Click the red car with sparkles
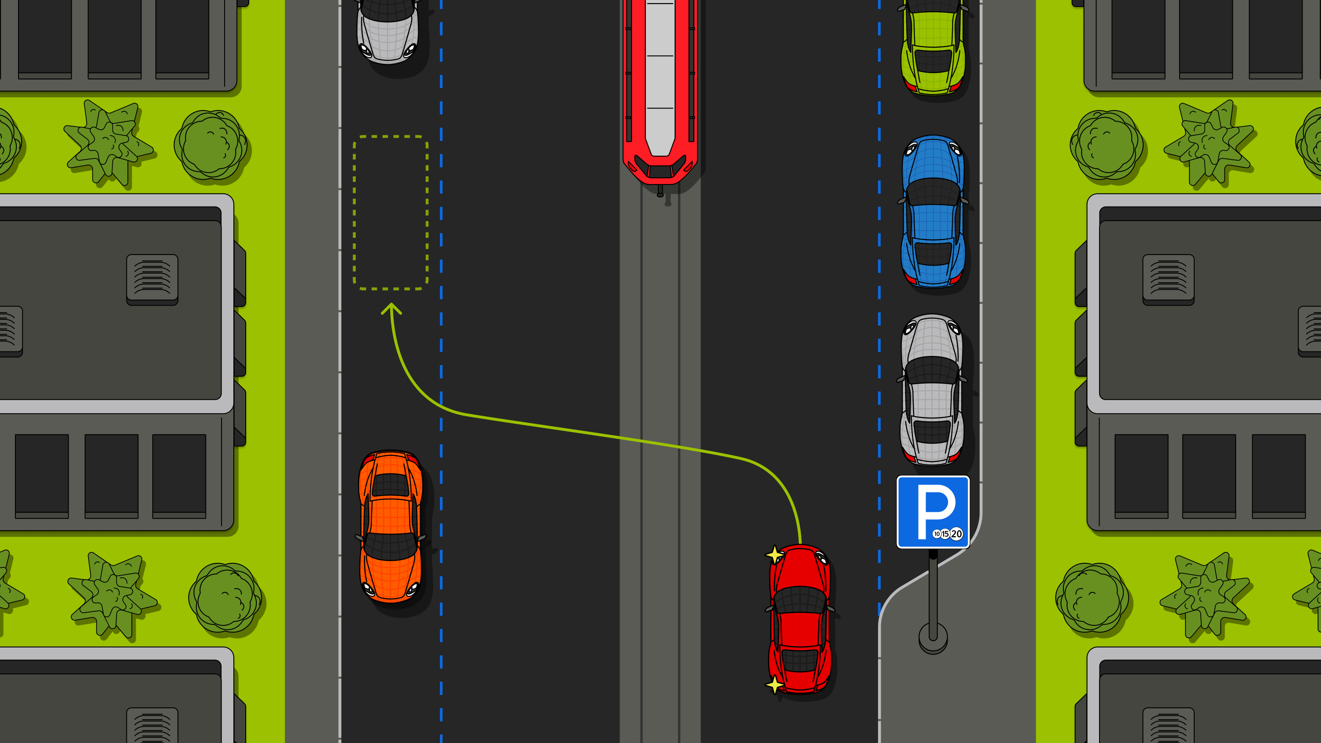tap(800, 619)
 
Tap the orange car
tap(391, 526)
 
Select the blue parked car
tap(933, 211)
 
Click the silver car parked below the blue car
tap(932, 390)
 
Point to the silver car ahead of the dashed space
tap(388, 31)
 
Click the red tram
tap(660, 92)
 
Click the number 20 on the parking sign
tap(956, 534)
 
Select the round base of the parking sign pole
tap(933, 638)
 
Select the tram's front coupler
tap(660, 191)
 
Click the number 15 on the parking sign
tap(945, 534)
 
